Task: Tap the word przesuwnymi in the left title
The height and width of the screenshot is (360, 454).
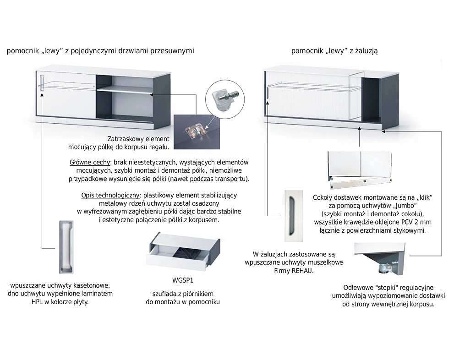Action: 171,51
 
